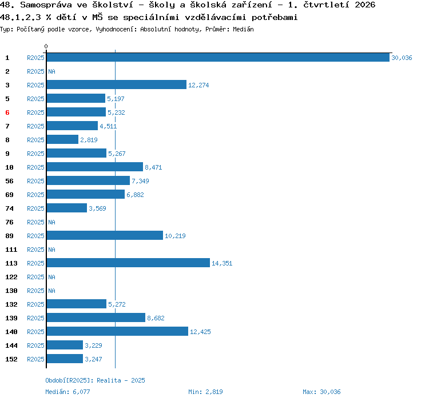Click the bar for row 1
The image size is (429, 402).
pos(218,58)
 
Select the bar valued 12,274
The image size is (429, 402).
pos(117,85)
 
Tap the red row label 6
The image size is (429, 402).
pos(7,112)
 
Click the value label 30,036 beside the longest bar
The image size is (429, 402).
pos(402,58)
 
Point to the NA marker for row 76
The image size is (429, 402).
pos(51,222)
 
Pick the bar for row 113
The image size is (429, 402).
pos(128,263)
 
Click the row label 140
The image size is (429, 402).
pos(11,332)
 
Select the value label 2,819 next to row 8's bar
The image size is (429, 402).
pos(89,140)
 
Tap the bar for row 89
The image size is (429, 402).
pos(105,235)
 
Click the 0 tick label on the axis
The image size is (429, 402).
pos(46,46)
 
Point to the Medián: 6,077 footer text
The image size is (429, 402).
pos(67,392)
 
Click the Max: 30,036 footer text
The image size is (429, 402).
pos(321,392)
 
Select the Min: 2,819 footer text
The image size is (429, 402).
pos(205,392)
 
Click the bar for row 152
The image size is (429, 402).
pos(65,359)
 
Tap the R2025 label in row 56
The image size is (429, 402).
pos(35,181)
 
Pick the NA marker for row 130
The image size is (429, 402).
pos(51,291)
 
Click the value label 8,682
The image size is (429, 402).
pos(156,318)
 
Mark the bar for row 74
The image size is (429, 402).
pos(67,208)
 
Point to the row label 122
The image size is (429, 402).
pos(11,277)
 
